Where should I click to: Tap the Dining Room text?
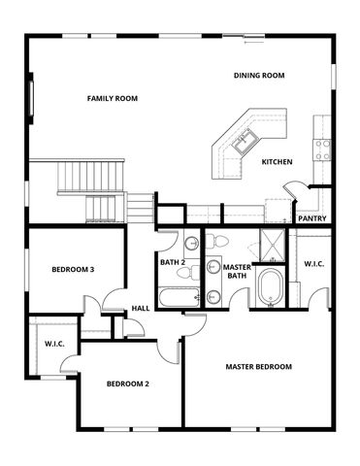(x=259, y=76)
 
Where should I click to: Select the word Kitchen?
(x=277, y=162)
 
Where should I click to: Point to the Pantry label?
(x=311, y=218)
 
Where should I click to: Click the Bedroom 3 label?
(x=73, y=269)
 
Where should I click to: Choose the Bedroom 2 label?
(x=127, y=383)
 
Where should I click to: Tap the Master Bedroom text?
(x=258, y=367)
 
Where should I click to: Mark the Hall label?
(x=140, y=310)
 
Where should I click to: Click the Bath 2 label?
(x=173, y=262)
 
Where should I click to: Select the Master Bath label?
(x=238, y=273)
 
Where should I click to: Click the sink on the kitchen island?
(x=243, y=142)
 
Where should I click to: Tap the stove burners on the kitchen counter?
(x=322, y=148)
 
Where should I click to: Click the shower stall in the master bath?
(x=274, y=245)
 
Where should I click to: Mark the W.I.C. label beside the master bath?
(x=314, y=264)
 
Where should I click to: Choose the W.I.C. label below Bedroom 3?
(x=54, y=343)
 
